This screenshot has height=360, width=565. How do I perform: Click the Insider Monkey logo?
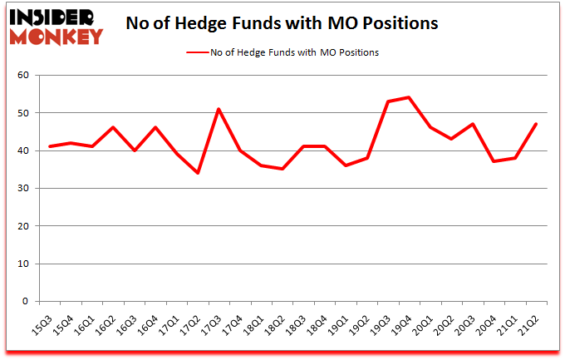pos(56,26)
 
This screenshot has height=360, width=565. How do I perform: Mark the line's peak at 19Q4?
pos(409,97)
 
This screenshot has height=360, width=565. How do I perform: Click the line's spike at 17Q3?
pos(218,109)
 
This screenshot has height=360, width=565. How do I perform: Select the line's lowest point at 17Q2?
pos(197,173)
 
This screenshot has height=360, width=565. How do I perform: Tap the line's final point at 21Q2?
pos(537,124)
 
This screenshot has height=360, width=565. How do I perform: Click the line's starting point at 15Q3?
pos(50,146)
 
